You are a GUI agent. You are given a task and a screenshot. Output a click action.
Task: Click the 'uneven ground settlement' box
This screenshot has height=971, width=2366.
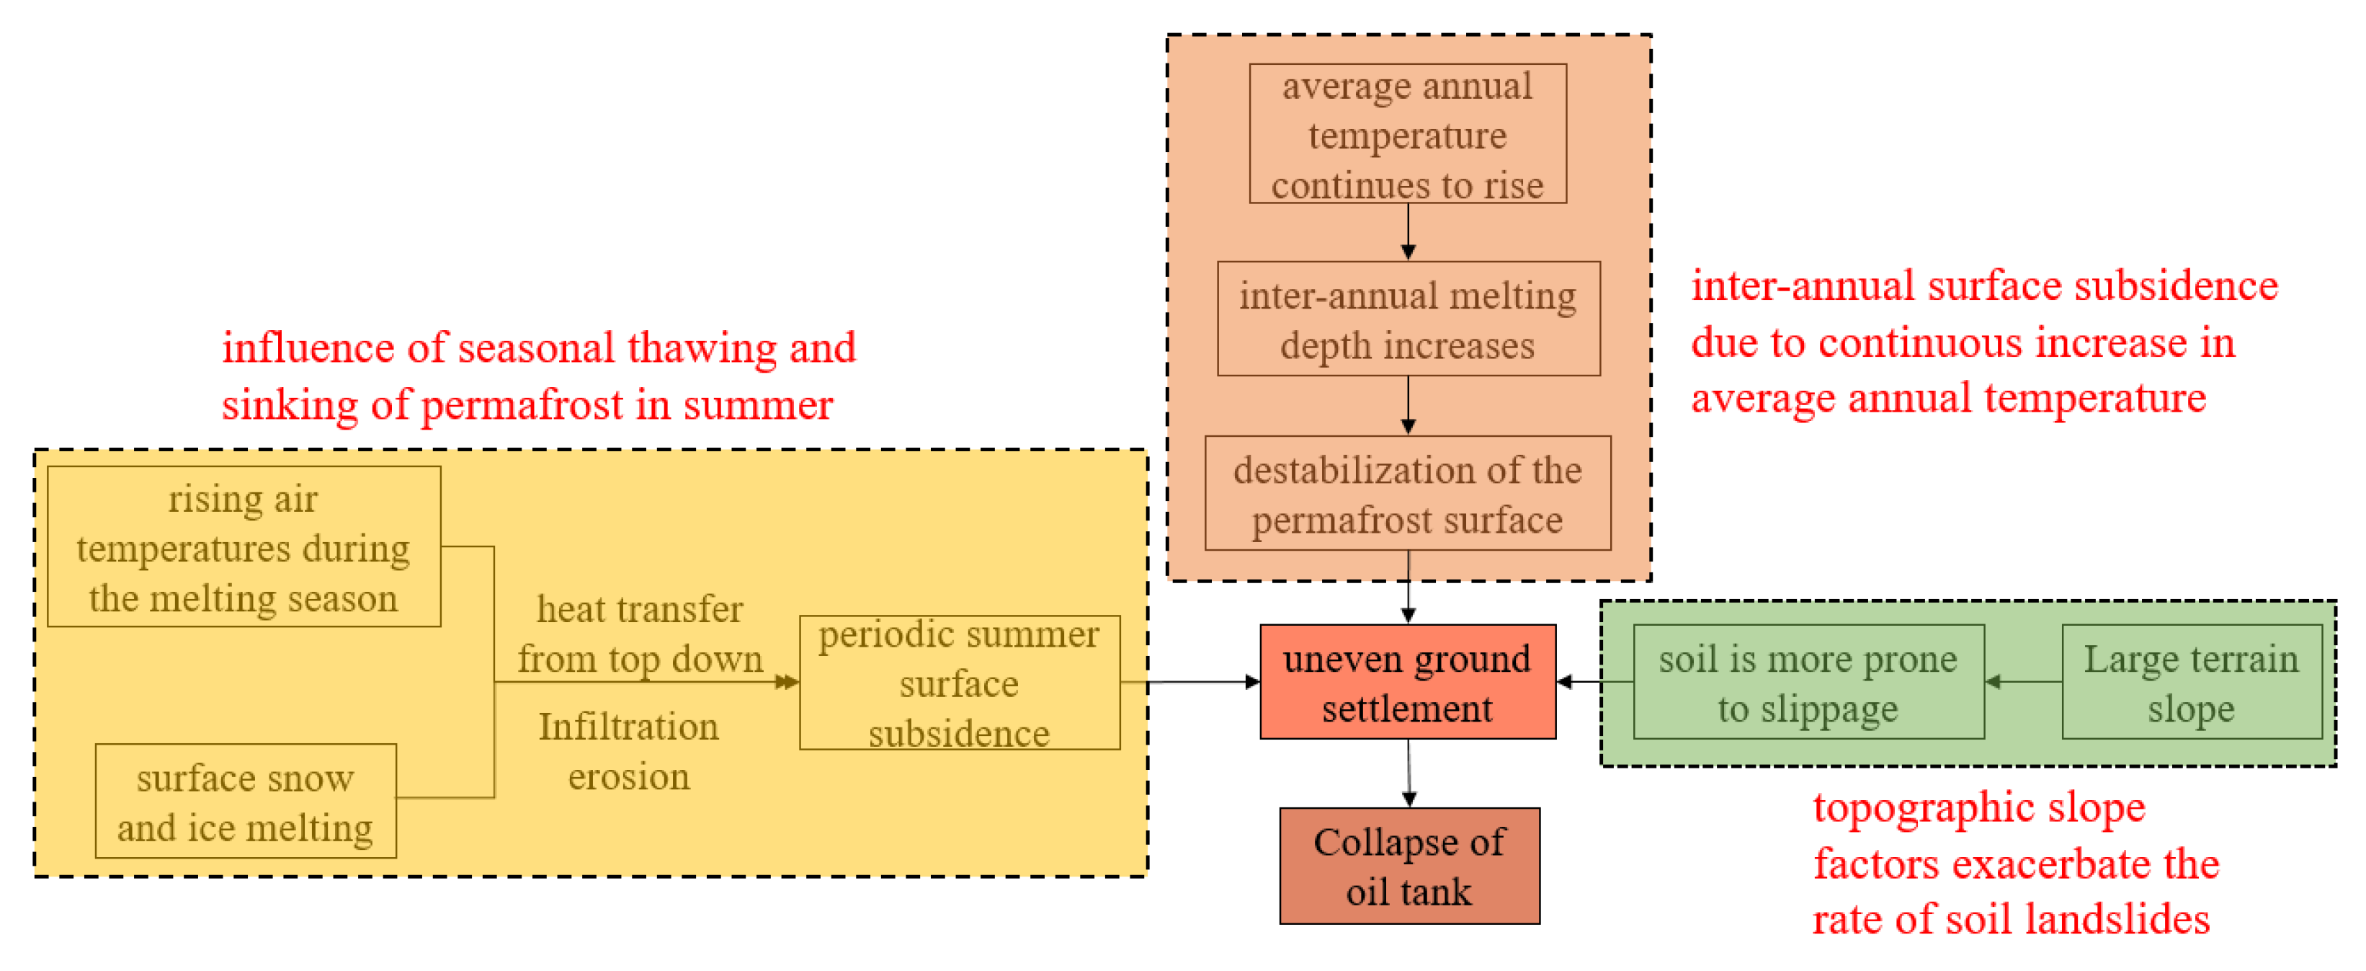click(1407, 682)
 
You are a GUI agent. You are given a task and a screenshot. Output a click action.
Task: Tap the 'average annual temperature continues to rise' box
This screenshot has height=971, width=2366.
click(1407, 134)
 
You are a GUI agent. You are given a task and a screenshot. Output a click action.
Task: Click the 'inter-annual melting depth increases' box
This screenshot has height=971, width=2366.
click(1407, 319)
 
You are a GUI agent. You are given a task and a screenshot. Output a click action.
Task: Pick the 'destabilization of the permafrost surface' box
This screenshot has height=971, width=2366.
click(1407, 493)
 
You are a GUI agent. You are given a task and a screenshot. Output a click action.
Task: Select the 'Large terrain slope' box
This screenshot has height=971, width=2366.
click(2191, 682)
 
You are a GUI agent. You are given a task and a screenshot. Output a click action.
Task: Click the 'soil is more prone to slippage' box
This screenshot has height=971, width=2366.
click(1808, 682)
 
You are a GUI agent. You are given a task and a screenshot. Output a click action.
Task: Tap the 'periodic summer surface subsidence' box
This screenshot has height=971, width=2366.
click(959, 682)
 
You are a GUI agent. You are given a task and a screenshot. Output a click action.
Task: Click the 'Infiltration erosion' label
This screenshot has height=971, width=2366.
click(628, 750)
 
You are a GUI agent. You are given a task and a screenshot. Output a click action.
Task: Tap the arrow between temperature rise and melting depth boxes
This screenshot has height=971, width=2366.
click(1408, 231)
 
